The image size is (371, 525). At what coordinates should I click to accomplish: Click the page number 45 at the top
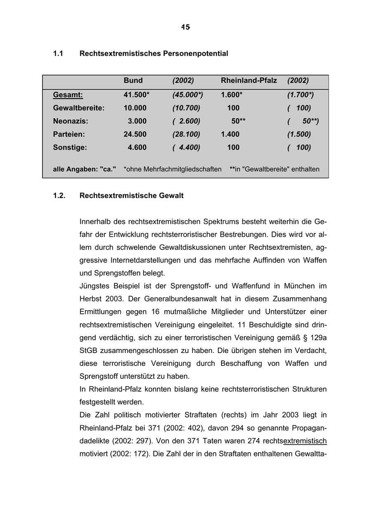(185, 27)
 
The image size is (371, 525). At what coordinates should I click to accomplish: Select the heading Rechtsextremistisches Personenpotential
(153, 54)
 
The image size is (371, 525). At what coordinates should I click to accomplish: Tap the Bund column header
(133, 80)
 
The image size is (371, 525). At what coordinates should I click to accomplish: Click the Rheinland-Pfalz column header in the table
(249, 80)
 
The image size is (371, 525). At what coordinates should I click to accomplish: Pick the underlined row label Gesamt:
(68, 95)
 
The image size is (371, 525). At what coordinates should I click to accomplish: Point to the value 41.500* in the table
(136, 95)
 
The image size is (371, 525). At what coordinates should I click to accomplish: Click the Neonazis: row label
(70, 121)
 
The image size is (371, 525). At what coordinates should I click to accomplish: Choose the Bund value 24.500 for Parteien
(135, 134)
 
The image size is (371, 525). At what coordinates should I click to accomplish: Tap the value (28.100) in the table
(186, 134)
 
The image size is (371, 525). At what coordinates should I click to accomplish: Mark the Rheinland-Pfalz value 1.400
(230, 134)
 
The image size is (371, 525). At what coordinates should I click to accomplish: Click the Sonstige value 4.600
(137, 147)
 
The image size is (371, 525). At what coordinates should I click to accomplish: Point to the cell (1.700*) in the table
(301, 95)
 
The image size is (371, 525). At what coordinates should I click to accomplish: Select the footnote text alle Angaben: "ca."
(85, 169)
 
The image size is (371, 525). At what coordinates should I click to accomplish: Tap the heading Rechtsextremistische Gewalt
(131, 195)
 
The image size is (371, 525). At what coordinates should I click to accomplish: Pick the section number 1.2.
(59, 195)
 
